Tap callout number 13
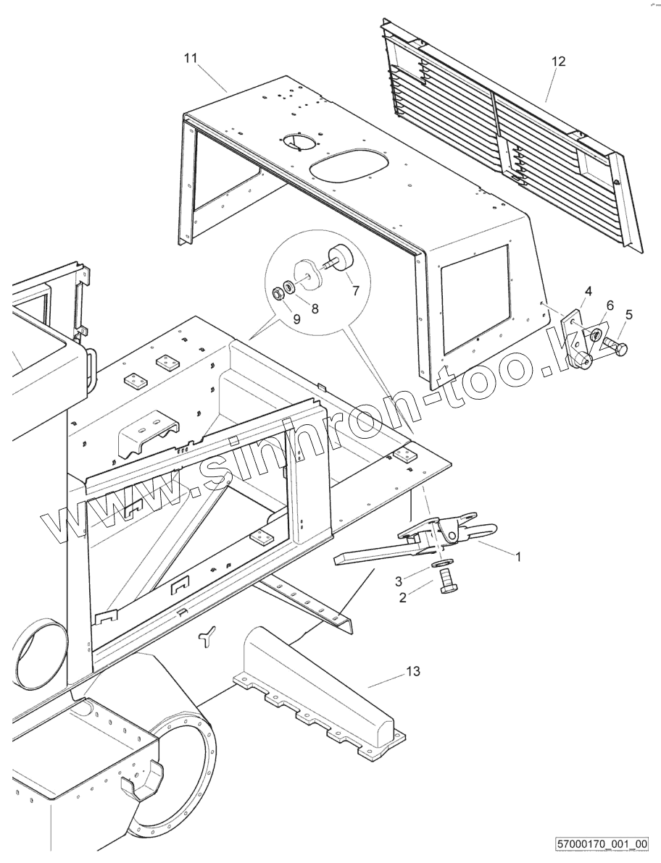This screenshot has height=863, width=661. click(x=412, y=672)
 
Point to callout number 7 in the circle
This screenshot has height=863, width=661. click(x=355, y=291)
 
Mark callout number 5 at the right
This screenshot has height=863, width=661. click(x=628, y=314)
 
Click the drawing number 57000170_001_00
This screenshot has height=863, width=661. click(x=602, y=844)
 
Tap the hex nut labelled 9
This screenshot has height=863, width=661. click(x=277, y=293)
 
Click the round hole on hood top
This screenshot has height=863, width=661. click(x=298, y=140)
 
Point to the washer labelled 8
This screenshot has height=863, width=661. click(x=289, y=287)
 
